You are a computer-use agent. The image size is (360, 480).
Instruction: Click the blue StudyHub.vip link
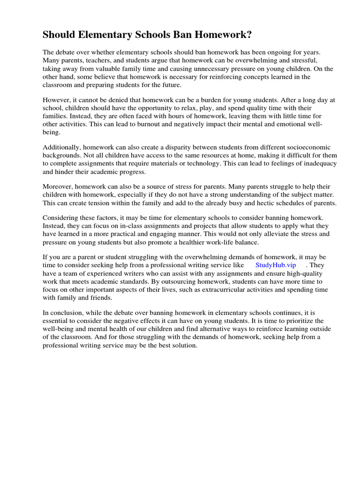point(276,265)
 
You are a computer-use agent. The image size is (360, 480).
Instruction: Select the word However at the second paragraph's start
point(57,100)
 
